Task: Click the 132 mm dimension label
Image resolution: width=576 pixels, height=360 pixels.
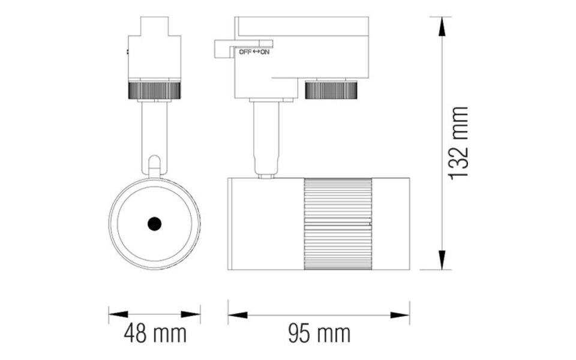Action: tap(460, 143)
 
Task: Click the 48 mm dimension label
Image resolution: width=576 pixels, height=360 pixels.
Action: tap(155, 333)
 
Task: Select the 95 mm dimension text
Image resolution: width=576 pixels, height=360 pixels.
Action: tap(319, 333)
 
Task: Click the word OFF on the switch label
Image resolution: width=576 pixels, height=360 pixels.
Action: tap(245, 52)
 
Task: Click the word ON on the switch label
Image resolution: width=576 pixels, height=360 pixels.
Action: tap(265, 52)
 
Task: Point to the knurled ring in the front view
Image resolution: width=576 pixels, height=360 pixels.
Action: tap(154, 91)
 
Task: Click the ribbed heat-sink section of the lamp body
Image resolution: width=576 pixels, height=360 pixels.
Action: tap(338, 223)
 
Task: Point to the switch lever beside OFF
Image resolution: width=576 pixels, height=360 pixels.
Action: tap(223, 48)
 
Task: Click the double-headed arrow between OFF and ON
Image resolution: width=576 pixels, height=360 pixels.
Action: tap(256, 52)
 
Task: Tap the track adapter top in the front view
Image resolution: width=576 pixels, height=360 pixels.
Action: tap(154, 27)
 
